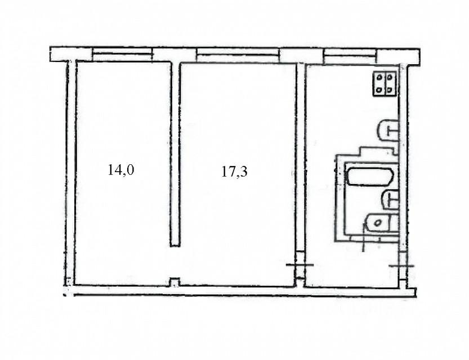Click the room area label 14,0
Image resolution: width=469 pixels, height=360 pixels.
(121, 170)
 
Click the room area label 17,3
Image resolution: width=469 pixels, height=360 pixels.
(234, 172)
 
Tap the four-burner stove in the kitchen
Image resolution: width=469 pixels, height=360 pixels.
(385, 84)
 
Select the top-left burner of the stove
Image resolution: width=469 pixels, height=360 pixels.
(379, 78)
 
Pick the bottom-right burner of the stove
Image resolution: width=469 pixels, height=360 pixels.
(390, 89)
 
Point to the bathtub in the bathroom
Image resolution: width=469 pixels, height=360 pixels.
(369, 177)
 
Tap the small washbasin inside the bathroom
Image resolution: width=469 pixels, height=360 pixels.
(390, 199)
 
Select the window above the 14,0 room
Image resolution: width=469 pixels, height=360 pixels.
(122, 55)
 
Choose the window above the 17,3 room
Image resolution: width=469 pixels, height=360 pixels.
(238, 55)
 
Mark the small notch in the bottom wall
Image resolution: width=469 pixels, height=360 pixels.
(175, 282)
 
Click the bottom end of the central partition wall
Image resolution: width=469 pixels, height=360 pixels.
(175, 246)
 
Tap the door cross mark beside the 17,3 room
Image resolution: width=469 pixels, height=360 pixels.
(300, 265)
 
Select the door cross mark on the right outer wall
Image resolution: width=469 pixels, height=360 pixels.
(401, 265)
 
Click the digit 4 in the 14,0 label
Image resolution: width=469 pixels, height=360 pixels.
(116, 170)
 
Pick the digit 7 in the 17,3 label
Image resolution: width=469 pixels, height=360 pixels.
(230, 172)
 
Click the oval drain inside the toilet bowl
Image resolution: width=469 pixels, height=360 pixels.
(378, 223)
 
